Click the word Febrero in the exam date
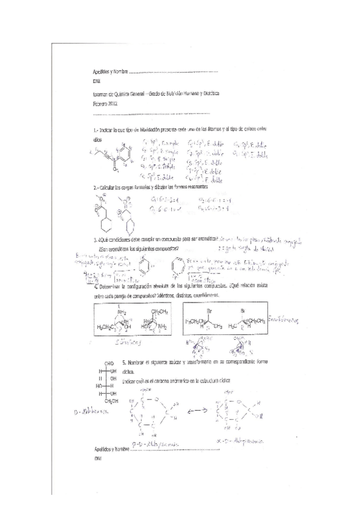[x=99, y=103]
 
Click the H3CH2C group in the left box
[x=108, y=327]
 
